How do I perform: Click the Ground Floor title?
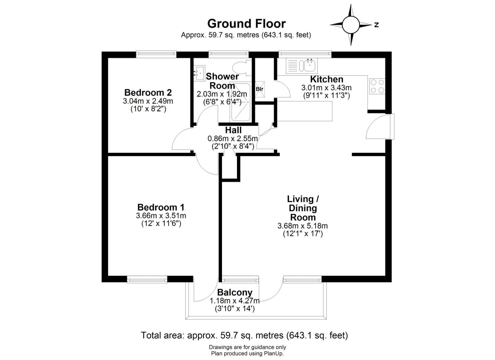point(246,24)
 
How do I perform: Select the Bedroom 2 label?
point(148,92)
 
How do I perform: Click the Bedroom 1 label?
point(161,207)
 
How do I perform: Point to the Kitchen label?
point(327,79)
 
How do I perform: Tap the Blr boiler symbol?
point(260,89)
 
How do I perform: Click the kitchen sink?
point(302,65)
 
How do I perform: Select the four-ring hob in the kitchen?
point(377,86)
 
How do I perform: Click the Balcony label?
point(235,292)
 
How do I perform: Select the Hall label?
point(233,130)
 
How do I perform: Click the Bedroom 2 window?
point(156,54)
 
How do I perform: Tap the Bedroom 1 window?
point(147,279)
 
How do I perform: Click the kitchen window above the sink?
point(305,54)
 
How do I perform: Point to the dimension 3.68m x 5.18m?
point(303,226)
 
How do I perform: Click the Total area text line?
point(244,335)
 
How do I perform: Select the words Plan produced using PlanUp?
point(247,354)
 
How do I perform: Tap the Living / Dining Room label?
point(303,208)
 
